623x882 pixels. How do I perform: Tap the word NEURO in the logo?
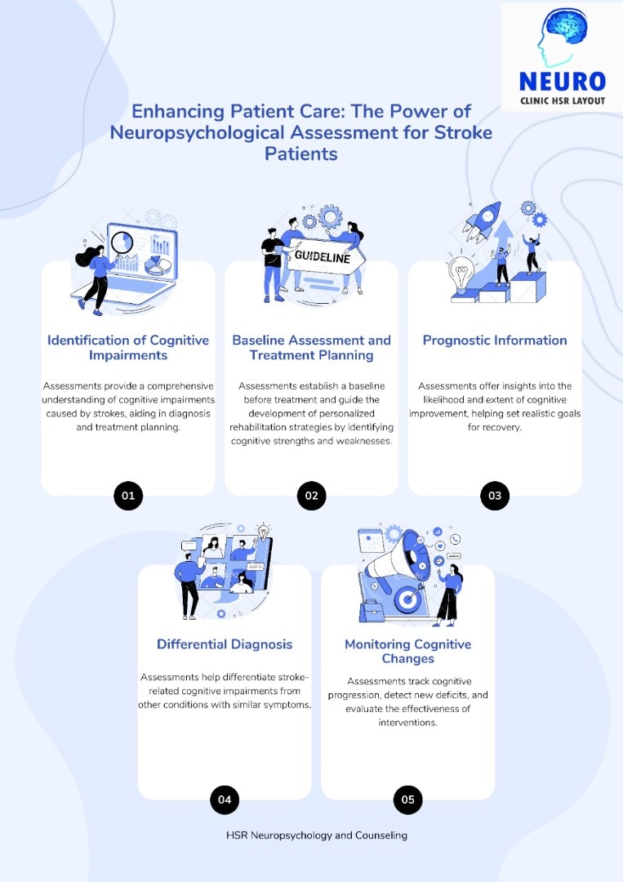coord(563,82)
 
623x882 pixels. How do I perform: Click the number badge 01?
coord(128,496)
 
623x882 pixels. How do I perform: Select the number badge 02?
coord(312,496)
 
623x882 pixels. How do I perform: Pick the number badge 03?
coord(495,496)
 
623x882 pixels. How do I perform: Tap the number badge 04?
coord(225,800)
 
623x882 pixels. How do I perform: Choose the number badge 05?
coord(407,800)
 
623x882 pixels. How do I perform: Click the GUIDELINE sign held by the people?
coord(324,256)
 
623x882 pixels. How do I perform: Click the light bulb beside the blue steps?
coord(461,274)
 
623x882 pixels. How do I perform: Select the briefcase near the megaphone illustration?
coord(372,611)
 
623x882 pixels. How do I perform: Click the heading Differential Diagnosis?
coord(225,644)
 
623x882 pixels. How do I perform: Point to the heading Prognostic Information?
coord(495,341)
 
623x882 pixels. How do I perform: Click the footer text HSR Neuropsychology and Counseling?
coord(317,835)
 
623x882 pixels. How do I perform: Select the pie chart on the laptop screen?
coord(158,265)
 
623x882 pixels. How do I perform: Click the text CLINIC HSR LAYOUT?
coord(563,101)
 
